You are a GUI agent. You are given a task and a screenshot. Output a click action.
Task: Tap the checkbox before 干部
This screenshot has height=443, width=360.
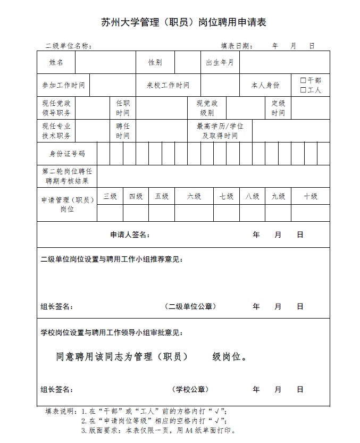click(x=303, y=80)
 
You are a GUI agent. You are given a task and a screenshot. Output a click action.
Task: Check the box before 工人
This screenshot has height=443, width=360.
click(x=303, y=90)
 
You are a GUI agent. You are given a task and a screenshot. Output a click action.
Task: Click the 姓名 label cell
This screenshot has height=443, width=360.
click(x=56, y=62)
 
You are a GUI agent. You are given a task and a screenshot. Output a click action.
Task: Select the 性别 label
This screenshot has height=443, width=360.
click(x=155, y=62)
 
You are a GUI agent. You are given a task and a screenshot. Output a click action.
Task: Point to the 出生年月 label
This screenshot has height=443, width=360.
click(x=220, y=62)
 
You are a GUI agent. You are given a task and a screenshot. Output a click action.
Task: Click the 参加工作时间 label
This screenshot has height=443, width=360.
click(x=63, y=85)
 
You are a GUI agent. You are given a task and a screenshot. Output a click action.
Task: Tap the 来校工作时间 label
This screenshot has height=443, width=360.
click(x=168, y=85)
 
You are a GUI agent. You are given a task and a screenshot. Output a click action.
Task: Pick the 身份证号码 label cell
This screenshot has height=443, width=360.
click(x=67, y=154)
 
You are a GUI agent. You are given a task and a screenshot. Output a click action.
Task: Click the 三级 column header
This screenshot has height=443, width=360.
click(x=110, y=196)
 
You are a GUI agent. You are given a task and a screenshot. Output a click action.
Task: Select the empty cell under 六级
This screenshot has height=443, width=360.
click(x=194, y=213)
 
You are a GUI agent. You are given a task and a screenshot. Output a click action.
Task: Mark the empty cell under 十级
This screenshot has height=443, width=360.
click(x=311, y=213)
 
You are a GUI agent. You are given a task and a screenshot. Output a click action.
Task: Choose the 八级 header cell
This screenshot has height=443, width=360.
click(x=252, y=196)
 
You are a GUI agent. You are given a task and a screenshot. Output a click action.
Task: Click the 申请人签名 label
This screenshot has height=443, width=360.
click(x=130, y=235)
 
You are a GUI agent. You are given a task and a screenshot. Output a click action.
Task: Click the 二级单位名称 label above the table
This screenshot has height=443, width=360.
click(x=69, y=46)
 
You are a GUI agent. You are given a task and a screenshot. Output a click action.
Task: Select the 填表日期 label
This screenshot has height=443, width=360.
click(x=237, y=46)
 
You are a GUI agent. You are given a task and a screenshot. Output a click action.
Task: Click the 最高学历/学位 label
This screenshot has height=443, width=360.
click(x=220, y=126)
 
